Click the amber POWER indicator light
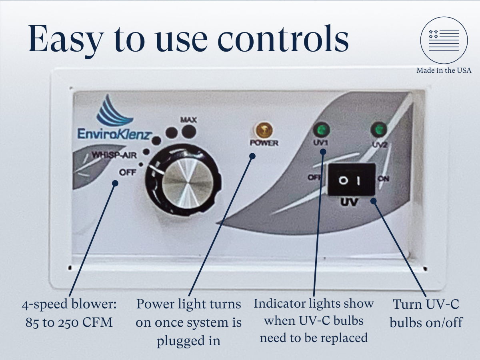click(264, 130)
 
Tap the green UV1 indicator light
click(321, 130)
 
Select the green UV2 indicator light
click(379, 130)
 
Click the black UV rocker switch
click(352, 180)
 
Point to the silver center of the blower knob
click(188, 183)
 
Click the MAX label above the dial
click(188, 120)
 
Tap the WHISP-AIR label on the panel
click(114, 155)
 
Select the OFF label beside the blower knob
click(128, 172)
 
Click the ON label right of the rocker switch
click(384, 178)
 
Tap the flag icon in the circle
click(444, 40)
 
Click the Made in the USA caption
click(444, 70)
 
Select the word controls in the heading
click(283, 38)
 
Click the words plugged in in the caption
click(188, 340)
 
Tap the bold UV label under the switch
click(349, 202)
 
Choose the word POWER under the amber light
click(264, 143)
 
